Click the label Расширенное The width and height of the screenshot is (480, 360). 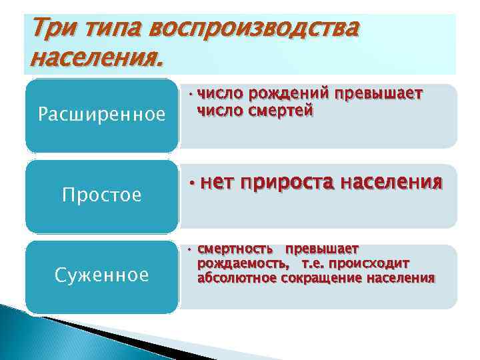pos(102,115)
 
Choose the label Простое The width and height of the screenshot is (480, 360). pos(102,195)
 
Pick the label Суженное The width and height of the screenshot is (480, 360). pos(102,275)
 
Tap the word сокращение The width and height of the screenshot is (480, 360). pos(321,277)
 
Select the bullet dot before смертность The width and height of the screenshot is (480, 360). pos(189,250)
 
